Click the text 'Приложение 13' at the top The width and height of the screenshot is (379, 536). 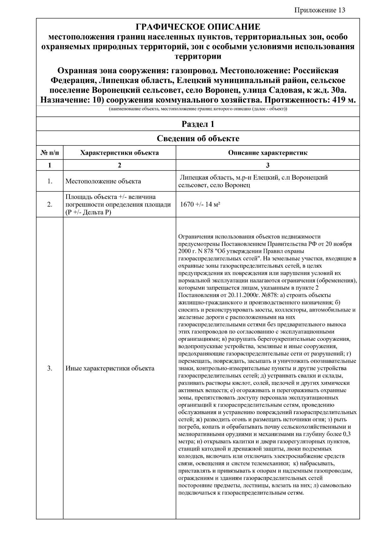pyautogui.click(x=320, y=10)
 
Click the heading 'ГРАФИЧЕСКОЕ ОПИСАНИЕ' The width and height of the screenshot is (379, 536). pyautogui.click(x=198, y=27)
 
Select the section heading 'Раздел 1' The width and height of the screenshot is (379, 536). pyautogui.click(x=198, y=124)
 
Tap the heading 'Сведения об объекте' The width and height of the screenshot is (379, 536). pyautogui.click(x=198, y=139)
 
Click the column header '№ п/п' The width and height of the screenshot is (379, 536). pyautogui.click(x=50, y=153)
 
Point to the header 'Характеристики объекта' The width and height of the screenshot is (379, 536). pyautogui.click(x=119, y=153)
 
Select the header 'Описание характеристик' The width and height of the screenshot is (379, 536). pyautogui.click(x=268, y=153)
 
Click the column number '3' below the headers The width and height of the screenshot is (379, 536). pyautogui.click(x=268, y=165)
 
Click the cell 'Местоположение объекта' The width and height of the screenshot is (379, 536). pyautogui.click(x=103, y=182)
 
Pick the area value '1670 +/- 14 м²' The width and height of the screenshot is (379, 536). pyautogui.click(x=200, y=204)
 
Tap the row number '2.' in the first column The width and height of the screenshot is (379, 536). pyautogui.click(x=50, y=205)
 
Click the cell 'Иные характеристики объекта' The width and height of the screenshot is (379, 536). pyautogui.click(x=110, y=368)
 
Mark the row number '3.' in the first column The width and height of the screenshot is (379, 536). pyautogui.click(x=50, y=368)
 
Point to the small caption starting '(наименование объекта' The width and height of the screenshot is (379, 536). pyautogui.click(x=198, y=109)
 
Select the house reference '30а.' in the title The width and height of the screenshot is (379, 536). pyautogui.click(x=339, y=90)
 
